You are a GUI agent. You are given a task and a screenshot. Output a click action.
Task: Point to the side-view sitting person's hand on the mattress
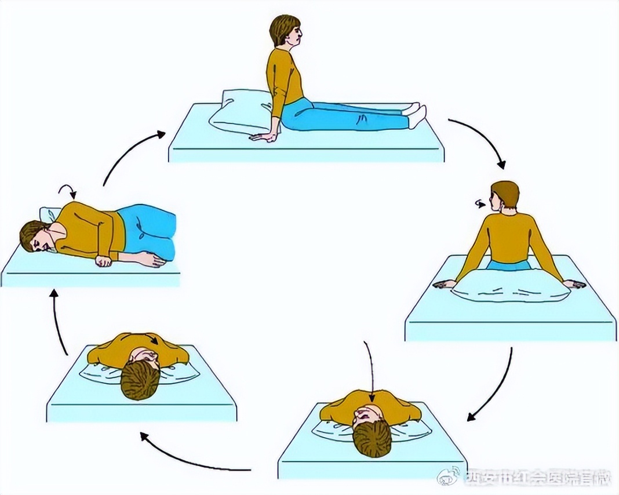point(263,137)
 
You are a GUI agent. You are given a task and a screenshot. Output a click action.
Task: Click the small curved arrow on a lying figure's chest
point(152,340)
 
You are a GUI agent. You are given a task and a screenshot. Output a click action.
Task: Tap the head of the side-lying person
point(34,237)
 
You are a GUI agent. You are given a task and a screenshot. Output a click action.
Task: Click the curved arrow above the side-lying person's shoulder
point(68,190)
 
